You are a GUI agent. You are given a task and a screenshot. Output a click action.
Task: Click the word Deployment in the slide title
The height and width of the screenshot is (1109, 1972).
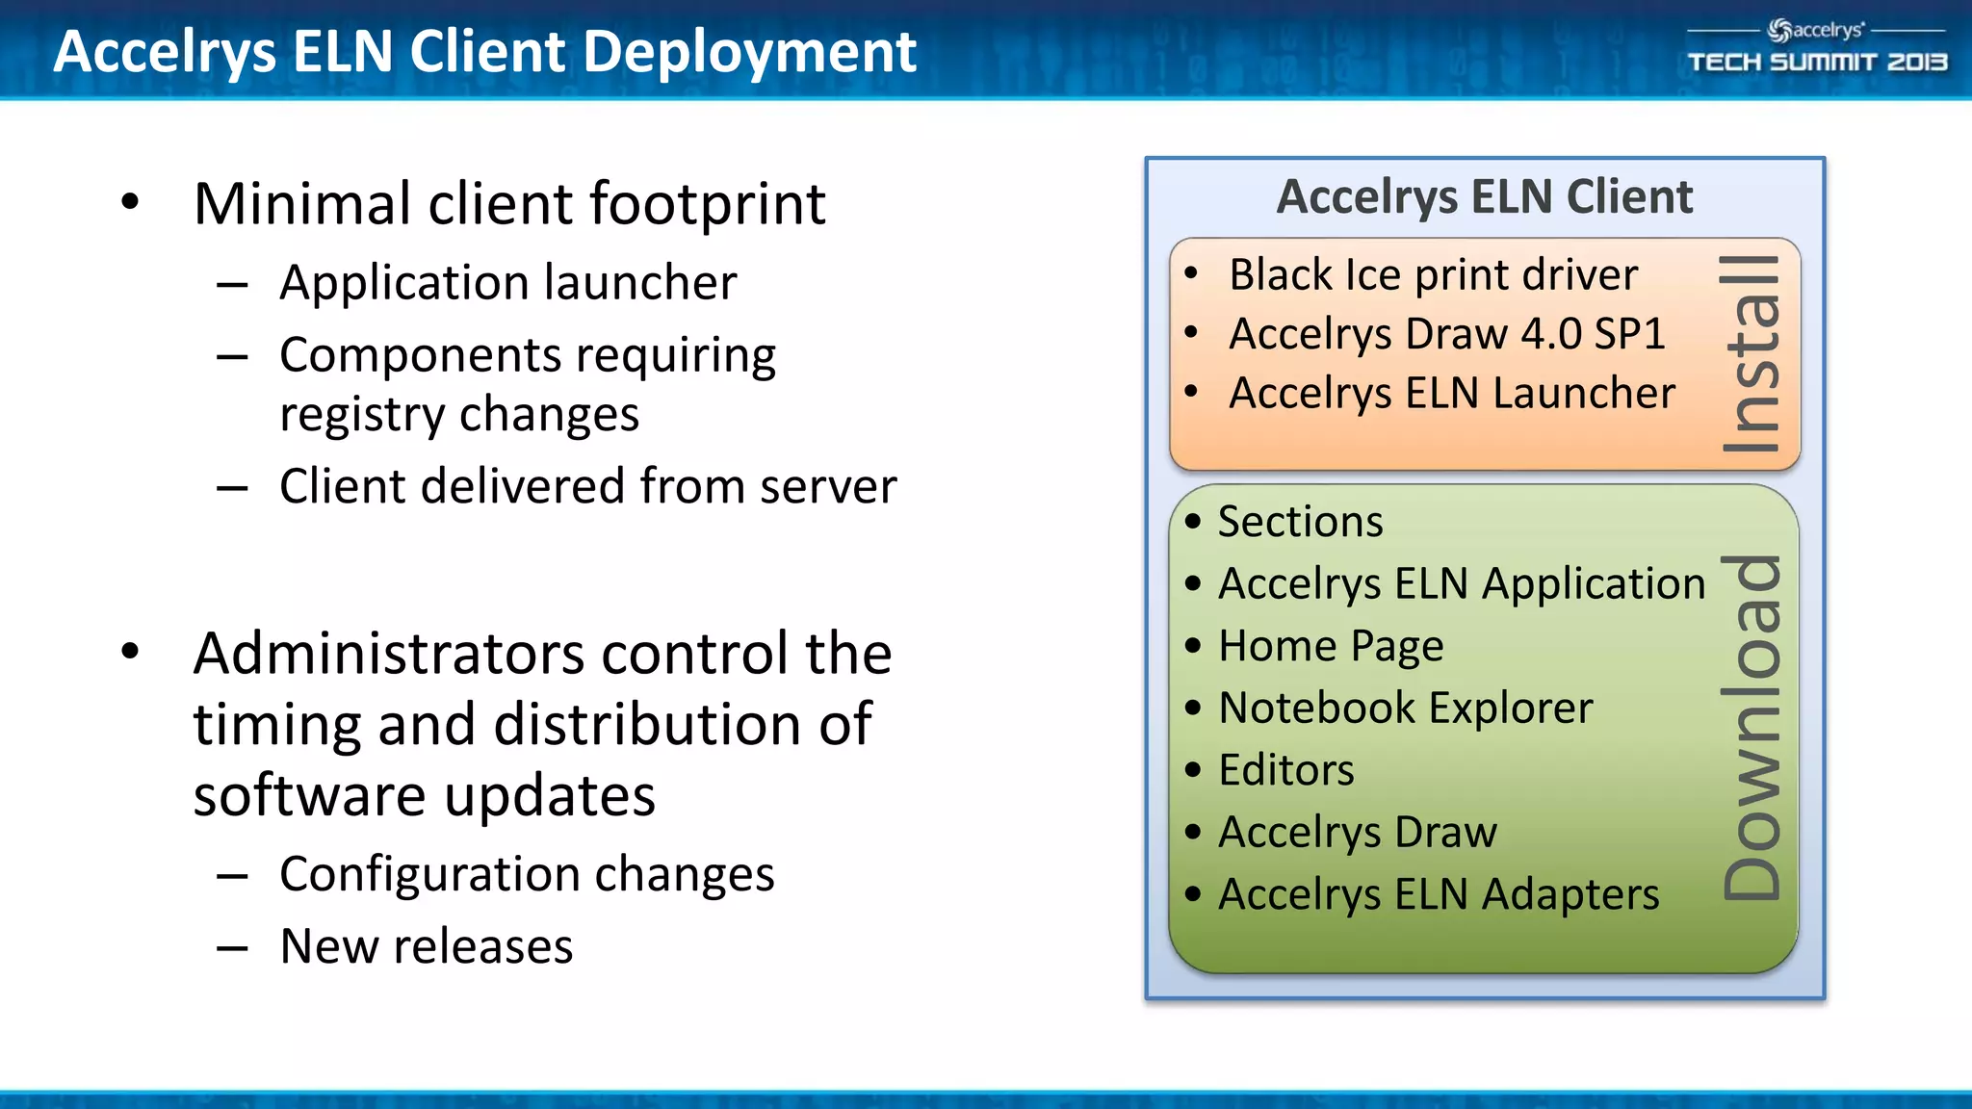(749, 52)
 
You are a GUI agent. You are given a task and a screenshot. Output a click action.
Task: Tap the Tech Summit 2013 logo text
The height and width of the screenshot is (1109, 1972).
(1817, 63)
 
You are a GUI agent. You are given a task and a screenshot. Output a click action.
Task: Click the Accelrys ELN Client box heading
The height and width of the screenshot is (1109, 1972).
(1484, 197)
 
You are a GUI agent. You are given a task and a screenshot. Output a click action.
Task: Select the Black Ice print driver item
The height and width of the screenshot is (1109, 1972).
(1433, 275)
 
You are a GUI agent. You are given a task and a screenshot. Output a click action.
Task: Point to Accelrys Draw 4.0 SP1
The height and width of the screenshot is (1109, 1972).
(1446, 334)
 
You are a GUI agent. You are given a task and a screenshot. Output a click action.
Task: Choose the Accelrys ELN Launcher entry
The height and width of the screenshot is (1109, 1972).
(1451, 394)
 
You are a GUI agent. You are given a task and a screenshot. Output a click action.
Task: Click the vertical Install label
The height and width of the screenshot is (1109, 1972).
(1751, 354)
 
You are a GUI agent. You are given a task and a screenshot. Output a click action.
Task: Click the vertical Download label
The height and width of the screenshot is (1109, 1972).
(1751, 728)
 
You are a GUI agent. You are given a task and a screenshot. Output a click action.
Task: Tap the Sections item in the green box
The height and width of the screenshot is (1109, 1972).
(1300, 522)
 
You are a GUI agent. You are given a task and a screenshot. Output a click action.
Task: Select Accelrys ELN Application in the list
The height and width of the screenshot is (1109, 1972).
(1461, 584)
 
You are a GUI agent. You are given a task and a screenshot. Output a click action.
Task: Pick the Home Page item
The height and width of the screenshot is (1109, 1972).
(1331, 646)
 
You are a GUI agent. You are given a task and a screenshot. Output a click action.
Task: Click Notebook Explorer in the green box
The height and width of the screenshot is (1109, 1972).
(1405, 709)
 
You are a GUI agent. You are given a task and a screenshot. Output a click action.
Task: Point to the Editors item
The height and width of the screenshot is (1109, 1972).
(1285, 770)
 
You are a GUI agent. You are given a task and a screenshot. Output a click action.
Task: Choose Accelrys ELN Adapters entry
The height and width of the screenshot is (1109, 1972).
(1438, 894)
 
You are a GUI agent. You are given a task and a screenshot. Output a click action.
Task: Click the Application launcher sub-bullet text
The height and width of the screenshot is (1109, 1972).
(507, 283)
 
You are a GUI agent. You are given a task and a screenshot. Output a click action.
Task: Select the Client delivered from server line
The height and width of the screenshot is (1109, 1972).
(587, 486)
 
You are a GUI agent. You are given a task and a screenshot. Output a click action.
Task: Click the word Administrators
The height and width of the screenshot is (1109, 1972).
(388, 655)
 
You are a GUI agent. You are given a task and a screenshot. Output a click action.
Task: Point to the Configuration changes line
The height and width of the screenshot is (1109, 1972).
(526, 874)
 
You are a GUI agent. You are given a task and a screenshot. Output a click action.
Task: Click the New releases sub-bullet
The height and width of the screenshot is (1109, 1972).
(426, 946)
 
